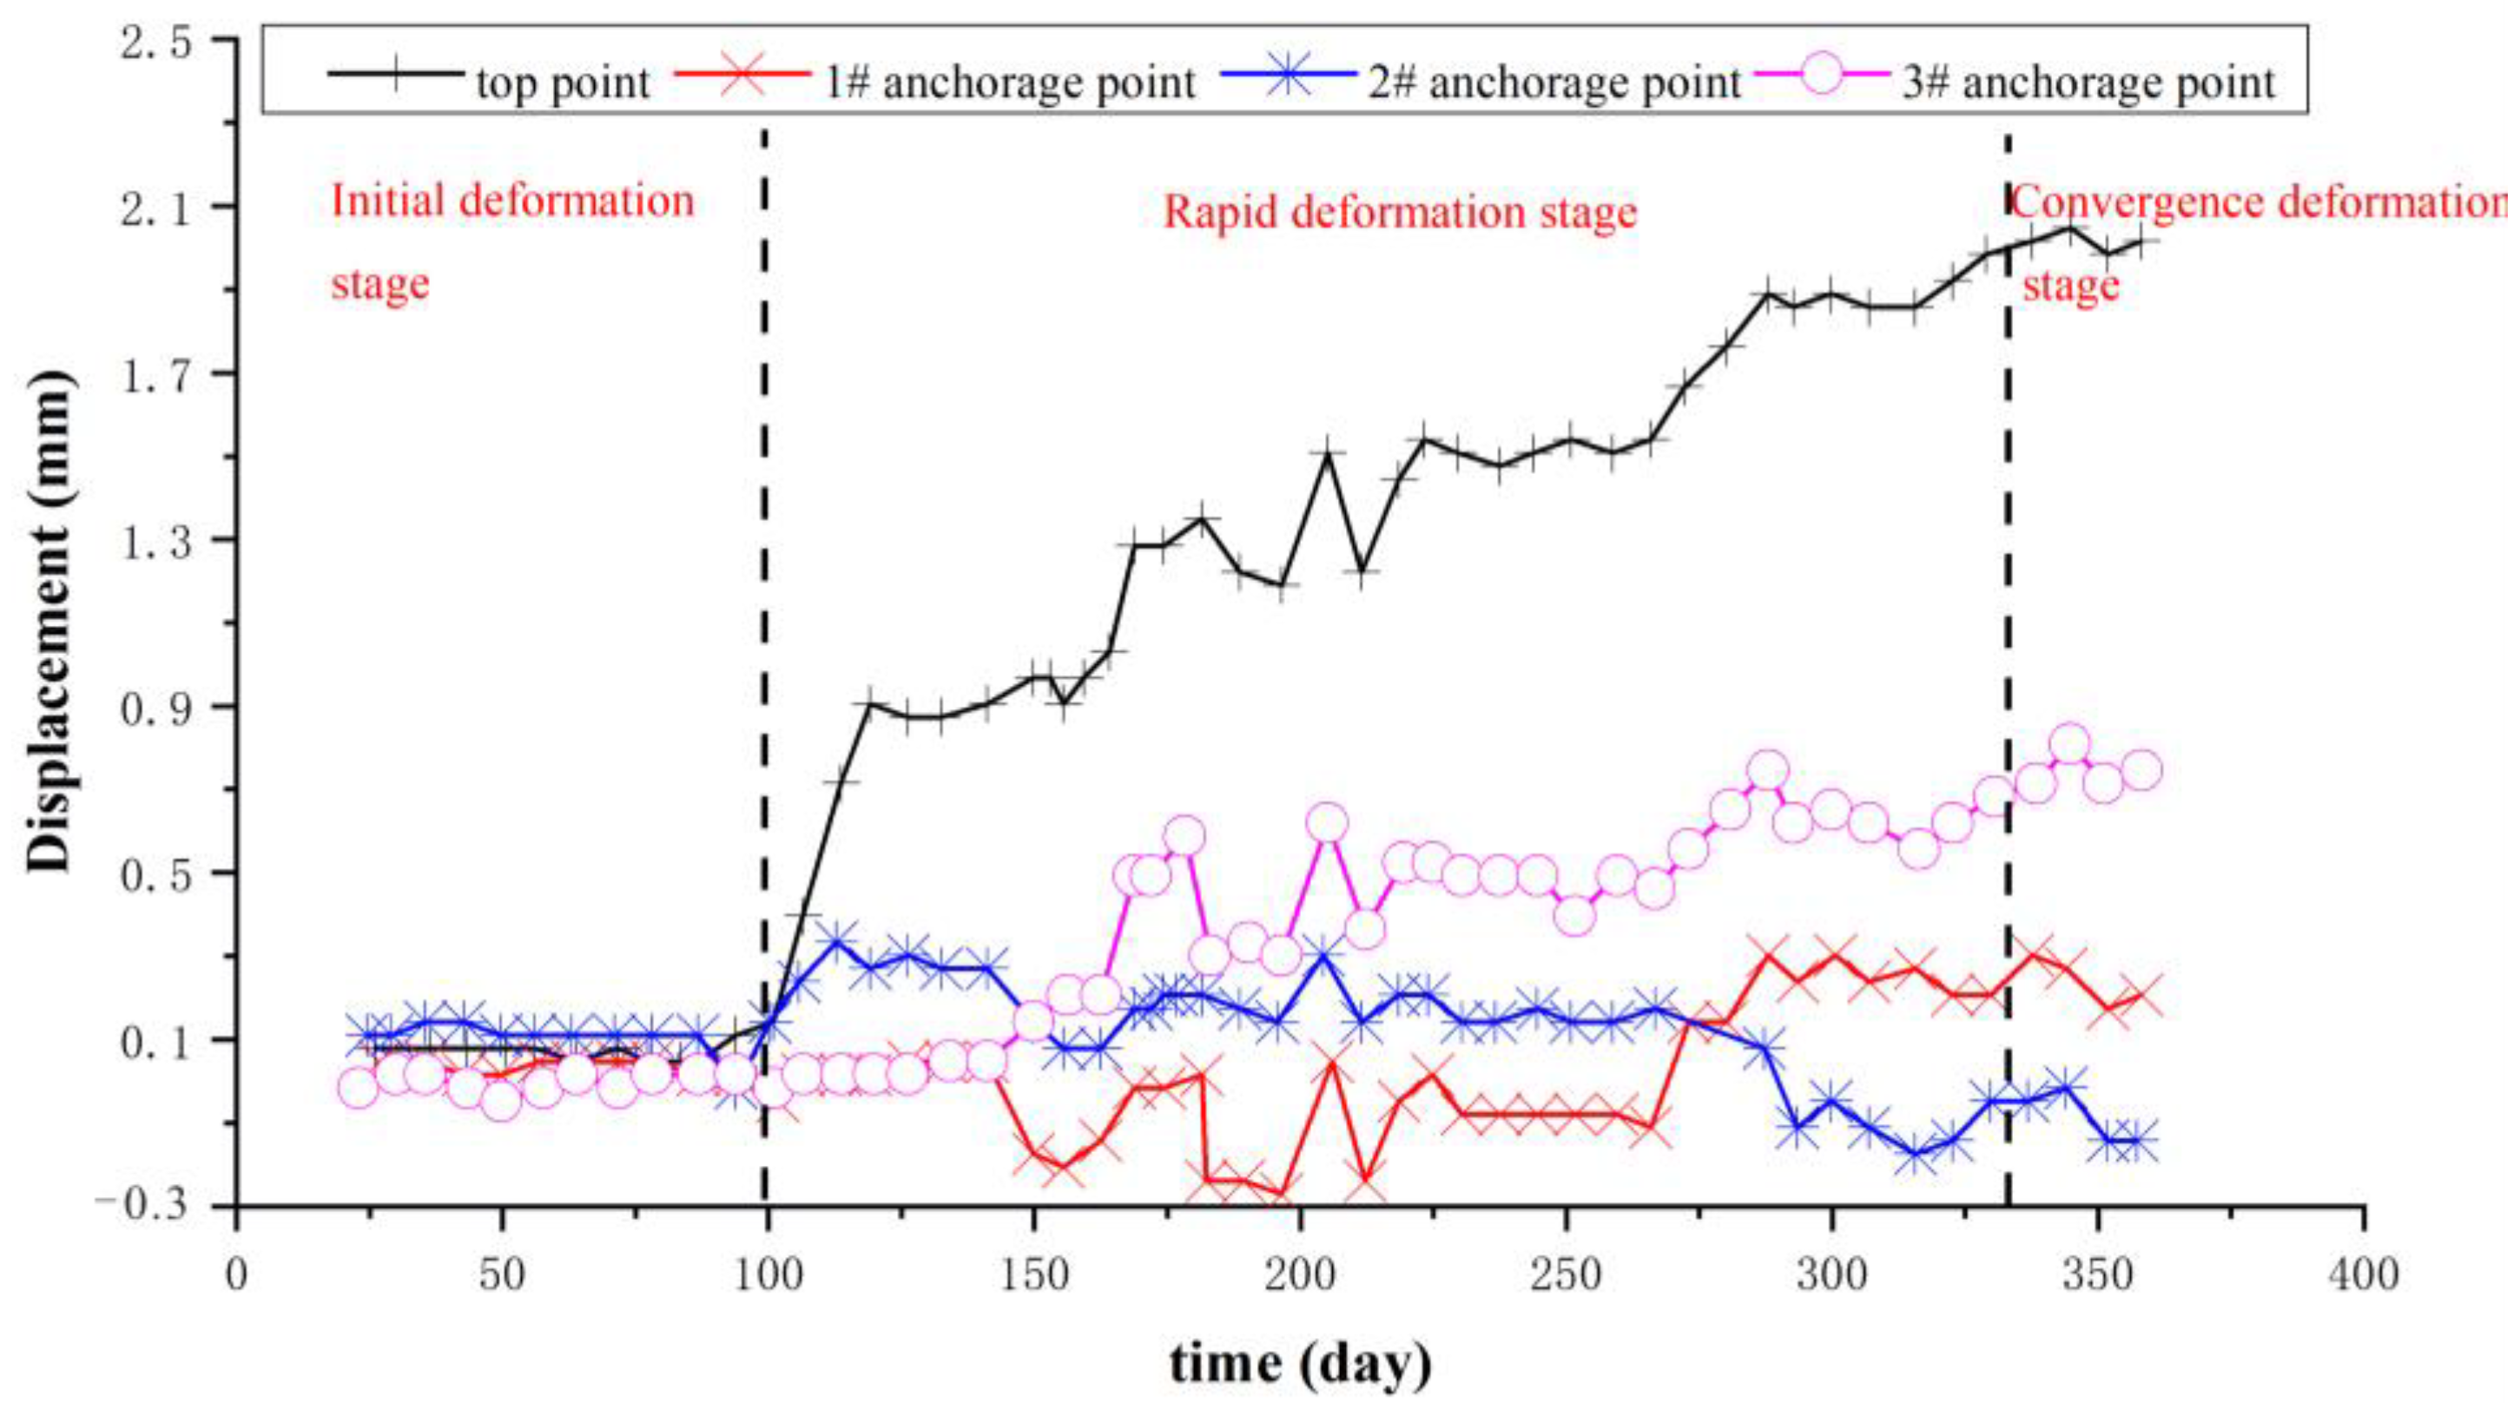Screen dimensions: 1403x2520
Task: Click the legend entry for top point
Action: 562,82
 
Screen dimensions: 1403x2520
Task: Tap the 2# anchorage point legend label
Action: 1554,82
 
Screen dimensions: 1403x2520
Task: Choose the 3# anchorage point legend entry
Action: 2088,82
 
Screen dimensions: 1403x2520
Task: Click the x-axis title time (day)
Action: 1300,1363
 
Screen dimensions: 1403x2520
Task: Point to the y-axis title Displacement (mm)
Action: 49,622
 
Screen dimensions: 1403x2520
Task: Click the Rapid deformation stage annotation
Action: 1399,213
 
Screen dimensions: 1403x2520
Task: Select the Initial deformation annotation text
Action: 512,201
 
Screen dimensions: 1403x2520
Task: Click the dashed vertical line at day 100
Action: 764,587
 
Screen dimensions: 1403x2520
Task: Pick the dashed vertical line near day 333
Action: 2009,587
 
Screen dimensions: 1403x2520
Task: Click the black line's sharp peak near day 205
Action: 1328,452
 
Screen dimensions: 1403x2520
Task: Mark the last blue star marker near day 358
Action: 2138,1142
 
